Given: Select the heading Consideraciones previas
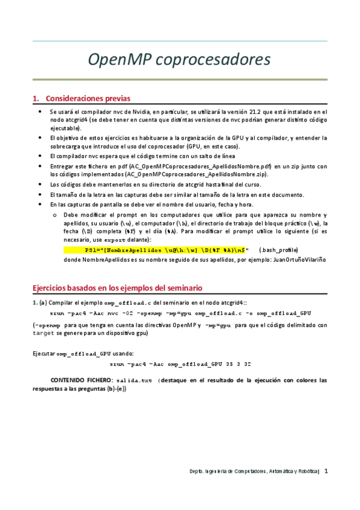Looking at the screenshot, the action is (87, 99).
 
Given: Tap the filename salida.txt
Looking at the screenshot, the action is (133, 381).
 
